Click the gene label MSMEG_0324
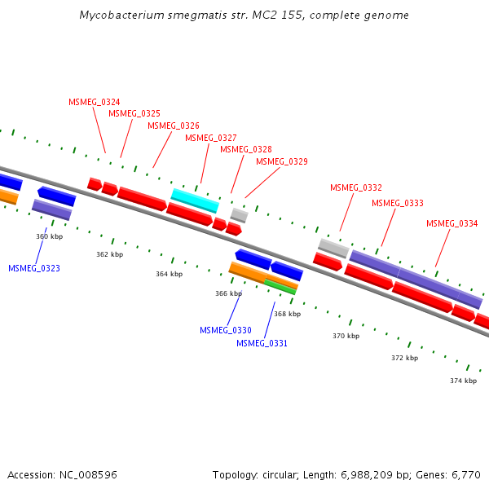coord(95,102)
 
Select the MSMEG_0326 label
coord(174,126)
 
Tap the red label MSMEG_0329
coord(282,162)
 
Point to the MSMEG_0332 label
coord(356,188)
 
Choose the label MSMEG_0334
coord(452,223)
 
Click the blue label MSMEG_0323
coord(34,268)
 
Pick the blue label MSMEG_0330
coord(226,330)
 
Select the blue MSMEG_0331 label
coord(262,343)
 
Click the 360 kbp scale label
coord(50,236)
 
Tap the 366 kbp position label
coord(229,293)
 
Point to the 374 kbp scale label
coord(463,381)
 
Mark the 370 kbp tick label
coord(346,336)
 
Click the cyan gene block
coord(195,200)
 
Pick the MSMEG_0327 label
coord(211,138)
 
